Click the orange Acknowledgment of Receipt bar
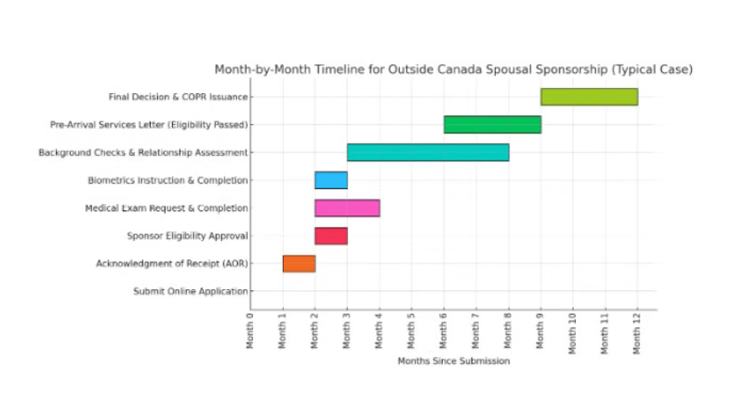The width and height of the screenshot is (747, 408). tap(299, 263)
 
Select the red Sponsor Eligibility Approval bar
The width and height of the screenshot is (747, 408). tap(331, 236)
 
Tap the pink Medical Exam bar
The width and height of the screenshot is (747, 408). tap(347, 208)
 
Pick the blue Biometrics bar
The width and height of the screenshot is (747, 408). tap(331, 180)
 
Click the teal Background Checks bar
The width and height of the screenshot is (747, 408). tap(428, 153)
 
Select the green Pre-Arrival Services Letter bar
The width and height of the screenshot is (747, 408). tap(492, 124)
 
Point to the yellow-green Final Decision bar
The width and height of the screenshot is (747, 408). tap(589, 97)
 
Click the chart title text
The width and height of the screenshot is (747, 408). tap(453, 69)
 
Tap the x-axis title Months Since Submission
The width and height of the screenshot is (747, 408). tap(453, 361)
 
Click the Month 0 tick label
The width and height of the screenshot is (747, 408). tap(250, 330)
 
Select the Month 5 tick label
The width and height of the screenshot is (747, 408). tap(412, 330)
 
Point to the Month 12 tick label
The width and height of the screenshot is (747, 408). tap(637, 332)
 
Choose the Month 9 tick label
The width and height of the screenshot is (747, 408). tap(540, 330)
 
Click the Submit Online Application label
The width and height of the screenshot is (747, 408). tap(191, 291)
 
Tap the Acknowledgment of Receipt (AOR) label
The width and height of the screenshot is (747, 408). tap(172, 263)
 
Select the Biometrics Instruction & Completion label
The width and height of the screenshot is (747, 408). tap(168, 180)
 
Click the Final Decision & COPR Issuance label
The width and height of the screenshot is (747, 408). tap(177, 97)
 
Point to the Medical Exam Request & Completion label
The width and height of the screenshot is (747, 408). tap(166, 208)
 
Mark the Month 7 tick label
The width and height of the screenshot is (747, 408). tap(476, 330)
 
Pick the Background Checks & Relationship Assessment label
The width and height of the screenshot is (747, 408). tap(143, 153)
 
